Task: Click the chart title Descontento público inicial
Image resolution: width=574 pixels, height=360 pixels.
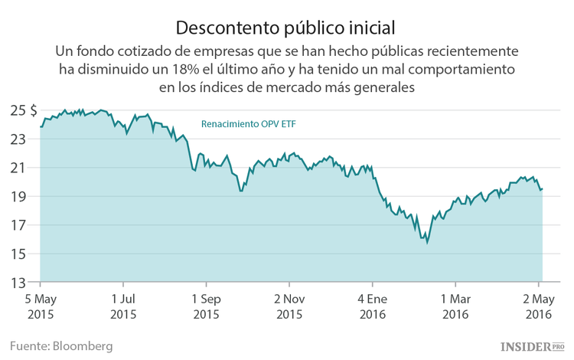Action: point(285,28)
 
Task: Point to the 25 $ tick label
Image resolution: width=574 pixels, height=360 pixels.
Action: point(22,110)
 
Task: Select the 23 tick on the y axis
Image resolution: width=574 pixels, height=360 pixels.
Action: point(18,139)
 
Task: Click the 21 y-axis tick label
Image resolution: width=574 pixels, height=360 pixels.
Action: point(18,168)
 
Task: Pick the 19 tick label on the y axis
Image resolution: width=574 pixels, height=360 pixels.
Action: point(18,197)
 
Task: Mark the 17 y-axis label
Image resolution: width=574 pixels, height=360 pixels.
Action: point(18,225)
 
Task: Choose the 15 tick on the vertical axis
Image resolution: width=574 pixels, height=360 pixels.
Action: point(18,254)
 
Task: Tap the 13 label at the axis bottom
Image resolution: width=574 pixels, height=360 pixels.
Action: point(18,283)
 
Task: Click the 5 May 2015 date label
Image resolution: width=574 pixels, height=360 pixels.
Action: point(40,306)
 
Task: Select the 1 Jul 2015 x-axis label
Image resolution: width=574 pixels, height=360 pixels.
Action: point(123,306)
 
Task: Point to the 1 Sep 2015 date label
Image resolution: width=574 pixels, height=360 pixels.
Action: point(207,306)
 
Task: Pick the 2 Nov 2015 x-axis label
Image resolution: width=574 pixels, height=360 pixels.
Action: point(289,306)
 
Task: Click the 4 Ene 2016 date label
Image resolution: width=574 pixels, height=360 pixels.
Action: point(373,306)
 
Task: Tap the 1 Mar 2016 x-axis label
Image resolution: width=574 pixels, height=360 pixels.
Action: point(455,306)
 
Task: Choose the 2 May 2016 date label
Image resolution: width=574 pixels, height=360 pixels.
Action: point(538,306)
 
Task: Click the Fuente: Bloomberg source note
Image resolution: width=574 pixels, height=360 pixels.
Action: point(61,346)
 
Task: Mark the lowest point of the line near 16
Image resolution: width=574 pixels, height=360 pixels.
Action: point(427,243)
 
